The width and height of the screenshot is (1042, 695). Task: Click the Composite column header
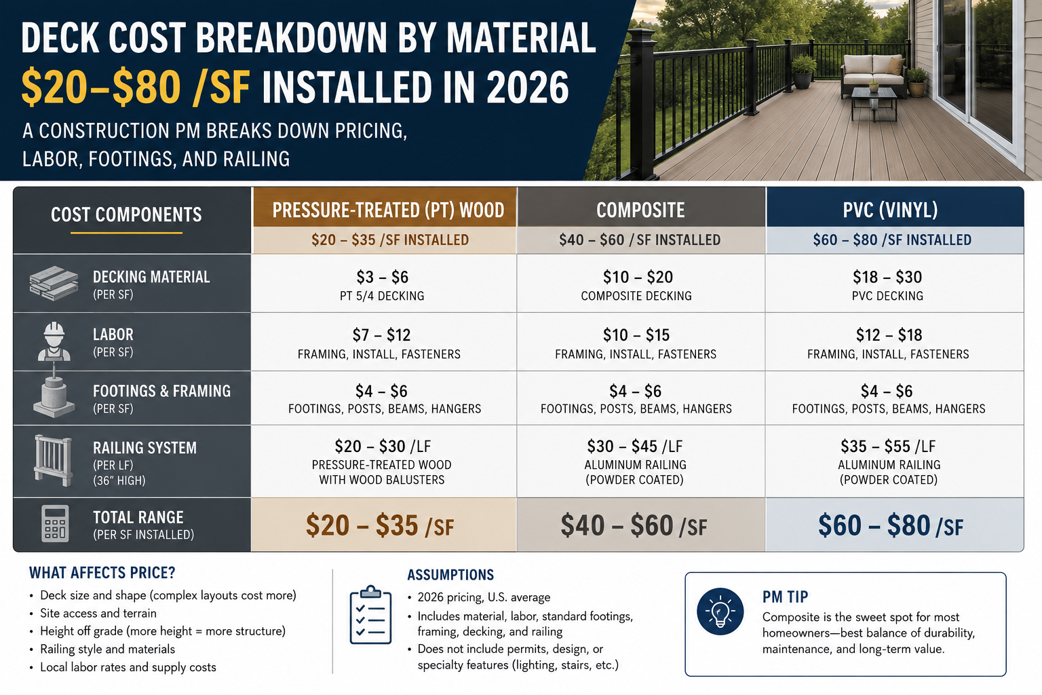640,210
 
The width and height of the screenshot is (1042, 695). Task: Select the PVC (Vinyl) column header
890,210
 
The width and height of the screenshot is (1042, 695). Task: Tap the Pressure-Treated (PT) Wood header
388,210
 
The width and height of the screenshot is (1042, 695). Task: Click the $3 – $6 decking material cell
383,277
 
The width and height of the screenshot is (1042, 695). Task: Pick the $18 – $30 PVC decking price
887,277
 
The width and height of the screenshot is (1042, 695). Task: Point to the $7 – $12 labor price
381,335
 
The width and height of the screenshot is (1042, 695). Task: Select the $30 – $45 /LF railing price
634,447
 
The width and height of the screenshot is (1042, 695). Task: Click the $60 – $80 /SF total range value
890,525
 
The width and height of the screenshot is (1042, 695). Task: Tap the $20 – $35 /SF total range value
380,525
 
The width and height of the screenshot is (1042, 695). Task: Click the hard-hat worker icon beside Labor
54,341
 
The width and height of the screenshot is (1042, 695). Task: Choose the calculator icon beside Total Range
55,524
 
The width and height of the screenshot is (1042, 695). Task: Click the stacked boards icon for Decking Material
54,283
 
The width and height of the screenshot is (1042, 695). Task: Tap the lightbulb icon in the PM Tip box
720,612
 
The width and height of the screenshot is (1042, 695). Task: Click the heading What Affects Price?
102,573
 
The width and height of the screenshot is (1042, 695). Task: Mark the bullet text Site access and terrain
98,613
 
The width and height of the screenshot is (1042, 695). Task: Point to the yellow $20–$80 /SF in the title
136,88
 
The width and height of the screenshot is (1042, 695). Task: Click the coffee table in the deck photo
874,103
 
